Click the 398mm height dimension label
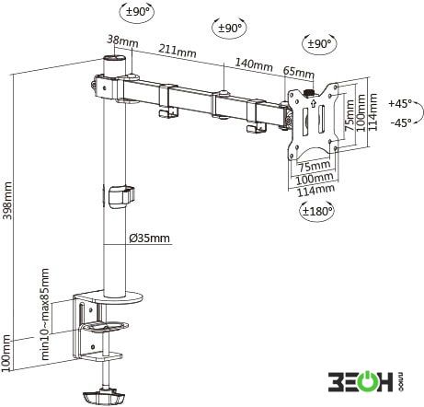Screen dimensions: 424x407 point(7,201)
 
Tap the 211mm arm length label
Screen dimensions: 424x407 point(178,51)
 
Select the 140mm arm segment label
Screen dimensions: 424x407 point(254,64)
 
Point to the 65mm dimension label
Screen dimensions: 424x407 point(299,72)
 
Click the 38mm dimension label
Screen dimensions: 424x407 point(122,41)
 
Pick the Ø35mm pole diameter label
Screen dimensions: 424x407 point(149,238)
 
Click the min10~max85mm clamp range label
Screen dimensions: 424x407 point(45,314)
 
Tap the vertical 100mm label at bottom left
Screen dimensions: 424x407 point(6,353)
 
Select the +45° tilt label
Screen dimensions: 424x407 point(400,103)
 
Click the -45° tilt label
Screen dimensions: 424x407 point(401,122)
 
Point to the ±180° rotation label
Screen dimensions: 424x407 point(317,211)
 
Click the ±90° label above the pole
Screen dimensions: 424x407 point(137,12)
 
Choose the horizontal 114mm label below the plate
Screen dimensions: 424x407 point(315,190)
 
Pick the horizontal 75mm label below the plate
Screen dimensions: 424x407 point(315,166)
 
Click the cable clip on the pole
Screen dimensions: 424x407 point(121,197)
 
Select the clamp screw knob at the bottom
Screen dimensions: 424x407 point(103,396)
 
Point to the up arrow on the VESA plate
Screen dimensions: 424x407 point(313,103)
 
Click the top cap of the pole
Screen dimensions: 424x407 point(114,59)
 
